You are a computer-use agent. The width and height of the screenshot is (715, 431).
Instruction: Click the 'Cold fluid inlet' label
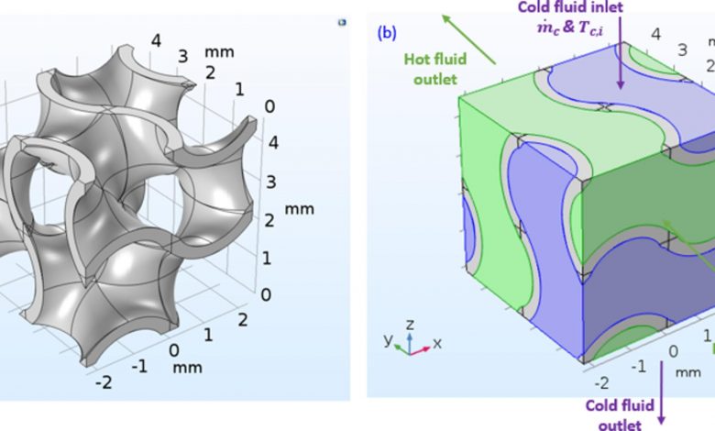tap(621, 8)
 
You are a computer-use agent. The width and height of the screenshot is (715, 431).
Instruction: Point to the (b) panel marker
tap(386, 36)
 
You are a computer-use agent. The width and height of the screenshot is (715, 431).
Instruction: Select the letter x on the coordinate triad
tap(436, 343)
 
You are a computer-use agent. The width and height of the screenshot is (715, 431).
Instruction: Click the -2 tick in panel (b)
tap(602, 381)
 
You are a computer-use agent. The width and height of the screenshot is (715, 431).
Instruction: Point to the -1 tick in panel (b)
tap(638, 365)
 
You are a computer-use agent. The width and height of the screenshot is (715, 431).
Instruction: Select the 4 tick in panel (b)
tap(654, 35)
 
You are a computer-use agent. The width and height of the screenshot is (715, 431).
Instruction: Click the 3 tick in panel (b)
tap(681, 49)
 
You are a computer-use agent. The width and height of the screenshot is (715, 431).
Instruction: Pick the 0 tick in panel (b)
tap(673, 351)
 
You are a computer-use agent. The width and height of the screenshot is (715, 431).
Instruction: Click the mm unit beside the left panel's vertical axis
tap(299, 210)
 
